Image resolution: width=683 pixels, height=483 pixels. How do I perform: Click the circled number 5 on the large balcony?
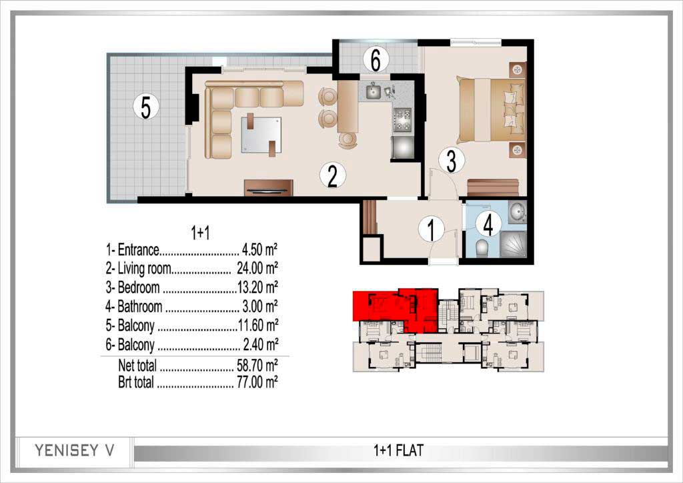tap(146, 106)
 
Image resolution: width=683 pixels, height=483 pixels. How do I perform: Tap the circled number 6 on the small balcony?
tap(376, 59)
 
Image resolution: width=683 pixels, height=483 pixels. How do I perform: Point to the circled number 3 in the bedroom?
tap(452, 160)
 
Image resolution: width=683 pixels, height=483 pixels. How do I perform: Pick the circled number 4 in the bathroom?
tap(488, 225)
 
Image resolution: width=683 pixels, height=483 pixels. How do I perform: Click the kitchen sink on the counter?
tap(374, 91)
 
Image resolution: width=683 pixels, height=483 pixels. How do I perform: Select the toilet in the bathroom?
tap(482, 248)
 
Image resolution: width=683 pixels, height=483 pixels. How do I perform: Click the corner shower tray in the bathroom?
tap(513, 244)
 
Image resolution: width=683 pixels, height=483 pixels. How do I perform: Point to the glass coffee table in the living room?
tap(261, 135)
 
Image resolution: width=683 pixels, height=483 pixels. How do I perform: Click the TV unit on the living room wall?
tap(268, 187)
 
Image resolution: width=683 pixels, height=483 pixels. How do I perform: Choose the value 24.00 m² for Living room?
tap(257, 268)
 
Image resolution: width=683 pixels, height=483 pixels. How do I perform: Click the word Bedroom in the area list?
tap(139, 288)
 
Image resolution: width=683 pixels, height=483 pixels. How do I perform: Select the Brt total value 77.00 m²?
tap(257, 382)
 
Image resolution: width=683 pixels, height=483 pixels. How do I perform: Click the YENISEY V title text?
tap(75, 450)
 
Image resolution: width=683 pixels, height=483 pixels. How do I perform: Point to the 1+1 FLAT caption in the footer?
tap(398, 450)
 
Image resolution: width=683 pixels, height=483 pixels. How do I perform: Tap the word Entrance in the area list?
tap(138, 250)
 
